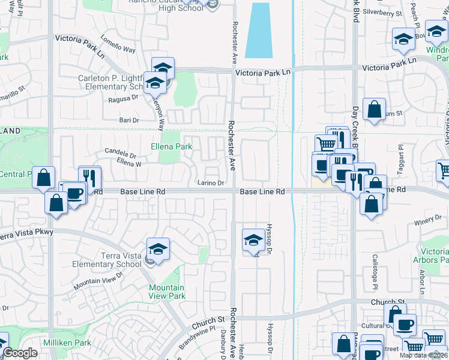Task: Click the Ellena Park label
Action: [x=171, y=146]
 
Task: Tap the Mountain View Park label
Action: [x=167, y=292]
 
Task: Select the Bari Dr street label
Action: [x=129, y=121]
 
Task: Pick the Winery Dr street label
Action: [x=427, y=223]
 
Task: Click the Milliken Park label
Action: [x=67, y=342]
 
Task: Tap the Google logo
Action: [x=20, y=353]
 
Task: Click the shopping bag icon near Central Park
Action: [x=44, y=178]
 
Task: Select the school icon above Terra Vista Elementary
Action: [x=158, y=250]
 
